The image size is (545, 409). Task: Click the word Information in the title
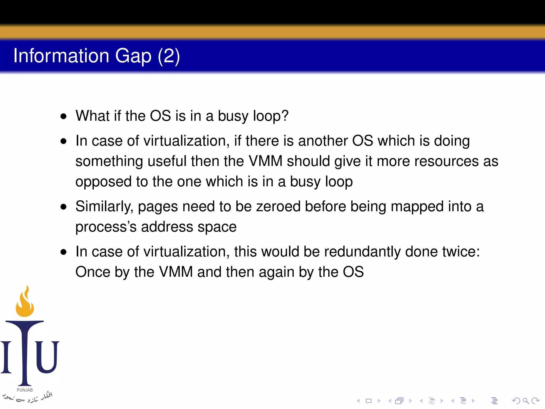coord(61,56)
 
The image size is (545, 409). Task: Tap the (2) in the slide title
coord(169,56)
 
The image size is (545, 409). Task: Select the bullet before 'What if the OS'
coord(63,116)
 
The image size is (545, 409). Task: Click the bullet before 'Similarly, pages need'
coord(63,207)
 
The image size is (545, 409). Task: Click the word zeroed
coord(278,207)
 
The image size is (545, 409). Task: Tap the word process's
coord(106,227)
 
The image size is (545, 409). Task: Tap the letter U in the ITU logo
coord(47,357)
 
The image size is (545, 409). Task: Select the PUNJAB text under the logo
coord(25,390)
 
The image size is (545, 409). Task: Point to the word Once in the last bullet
coord(93,272)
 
